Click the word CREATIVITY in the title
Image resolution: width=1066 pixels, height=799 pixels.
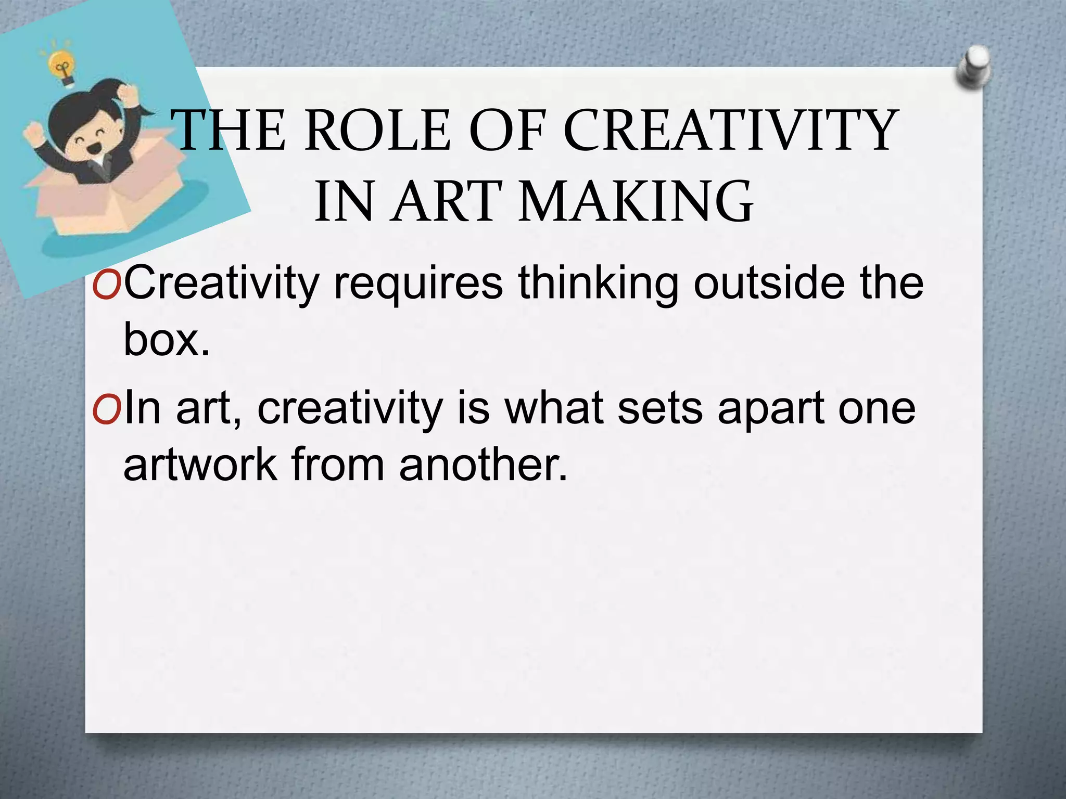[x=729, y=131]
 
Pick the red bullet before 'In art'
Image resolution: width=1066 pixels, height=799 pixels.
[x=107, y=409]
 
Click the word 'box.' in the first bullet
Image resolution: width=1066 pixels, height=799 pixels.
[x=167, y=341]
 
